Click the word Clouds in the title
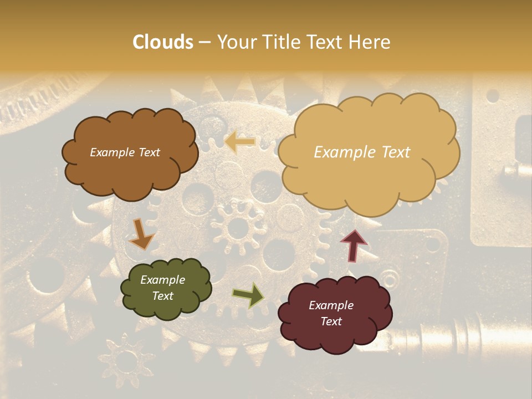pyautogui.click(x=163, y=42)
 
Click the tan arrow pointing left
pyautogui.click(x=240, y=142)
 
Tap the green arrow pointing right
pyautogui.click(x=248, y=295)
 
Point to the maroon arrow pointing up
pyautogui.click(x=353, y=245)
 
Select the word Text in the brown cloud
pyautogui.click(x=149, y=152)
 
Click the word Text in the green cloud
pyautogui.click(x=163, y=296)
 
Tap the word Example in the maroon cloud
pyautogui.click(x=331, y=305)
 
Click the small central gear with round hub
pyautogui.click(x=238, y=227)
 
